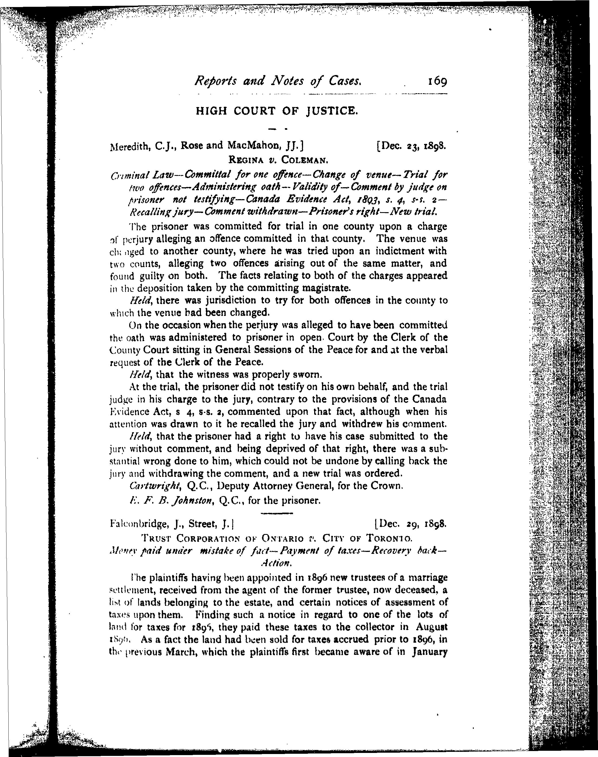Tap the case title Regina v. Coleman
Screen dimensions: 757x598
click(x=278, y=160)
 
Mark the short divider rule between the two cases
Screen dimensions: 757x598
click(x=277, y=513)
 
